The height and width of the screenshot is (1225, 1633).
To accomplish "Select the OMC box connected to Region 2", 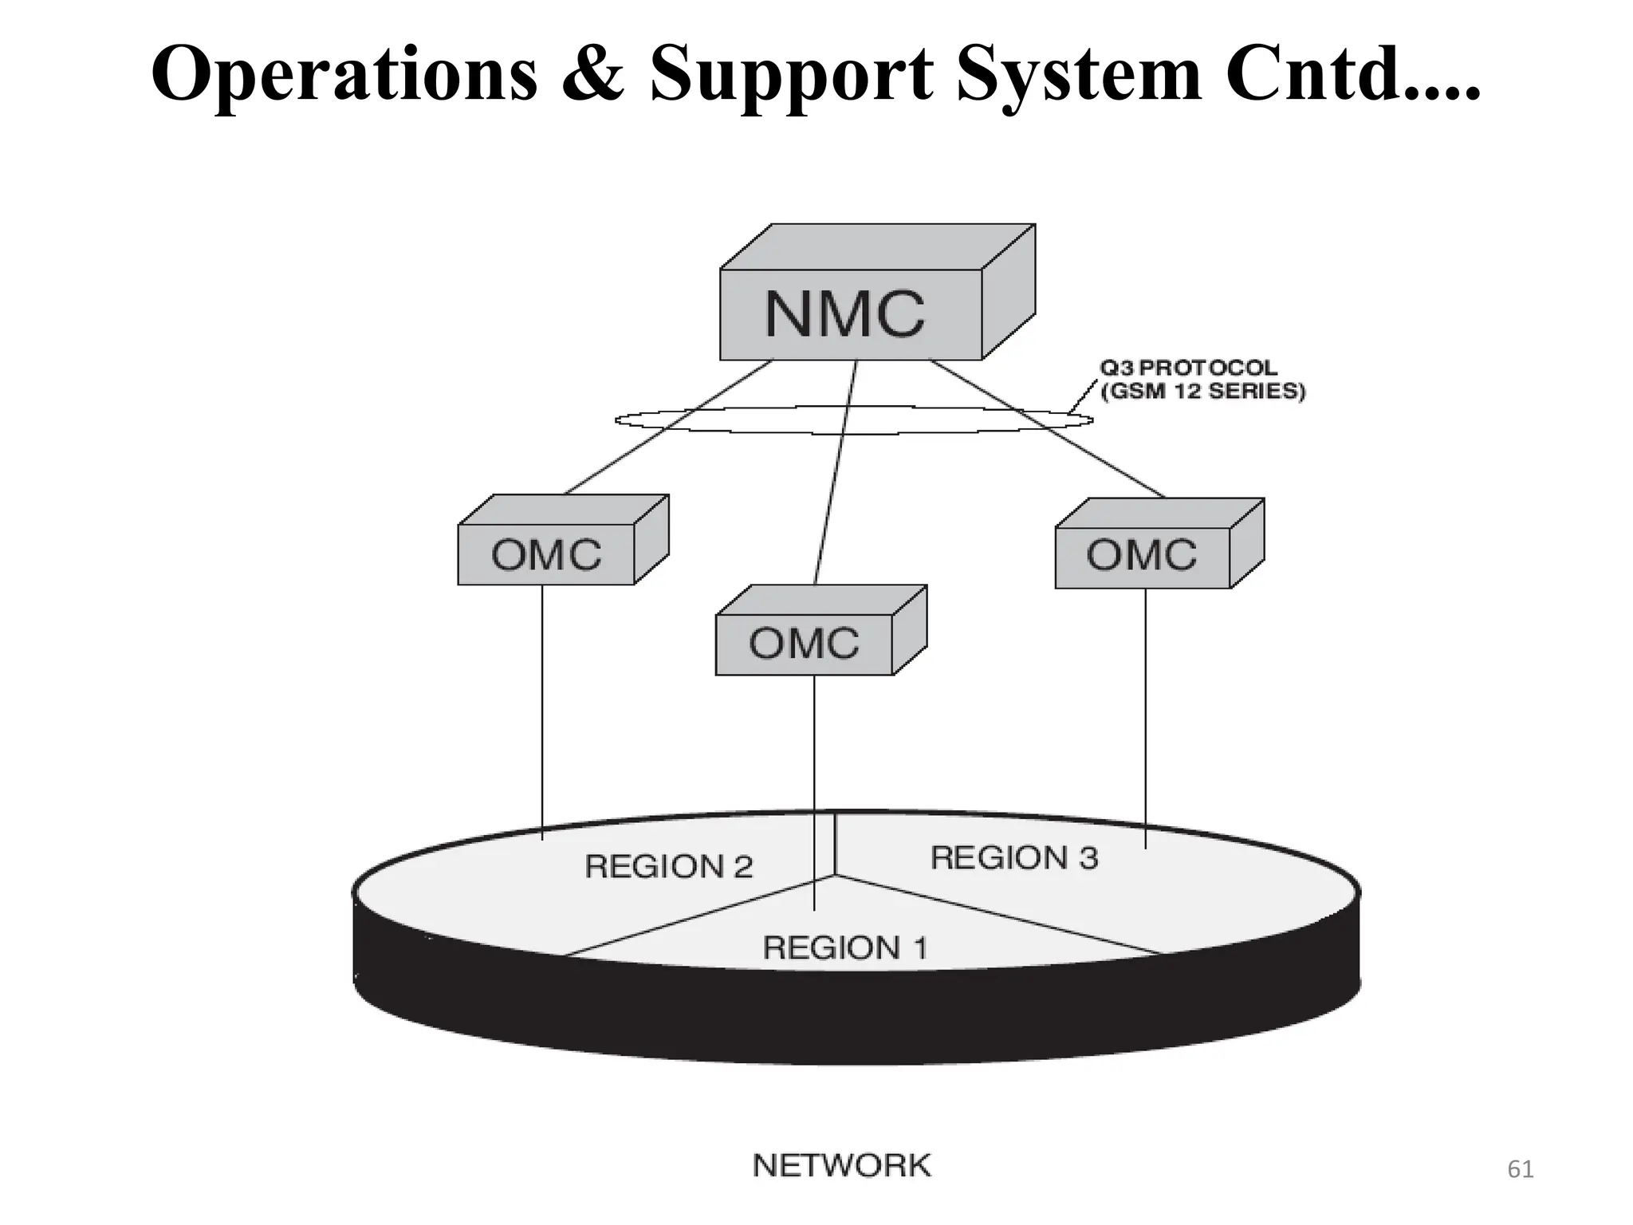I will [x=546, y=554].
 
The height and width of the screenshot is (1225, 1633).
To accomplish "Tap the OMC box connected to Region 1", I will [x=804, y=644].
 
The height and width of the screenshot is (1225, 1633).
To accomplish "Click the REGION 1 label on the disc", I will [x=844, y=948].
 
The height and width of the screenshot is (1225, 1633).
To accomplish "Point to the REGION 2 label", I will [x=668, y=866].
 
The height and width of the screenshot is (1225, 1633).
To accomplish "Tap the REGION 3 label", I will [x=1014, y=858].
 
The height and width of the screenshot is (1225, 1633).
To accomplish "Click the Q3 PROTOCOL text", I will [x=1188, y=368].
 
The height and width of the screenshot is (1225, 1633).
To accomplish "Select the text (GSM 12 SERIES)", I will [x=1202, y=392].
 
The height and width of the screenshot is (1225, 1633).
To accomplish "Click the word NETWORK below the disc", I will [x=841, y=1166].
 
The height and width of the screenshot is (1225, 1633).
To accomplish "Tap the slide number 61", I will [x=1520, y=1170].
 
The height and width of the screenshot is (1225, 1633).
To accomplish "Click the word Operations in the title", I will [x=344, y=73].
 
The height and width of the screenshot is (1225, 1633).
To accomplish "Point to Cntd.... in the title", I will [x=1352, y=73].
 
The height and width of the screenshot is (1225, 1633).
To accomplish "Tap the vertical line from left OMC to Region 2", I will [x=542, y=710].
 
